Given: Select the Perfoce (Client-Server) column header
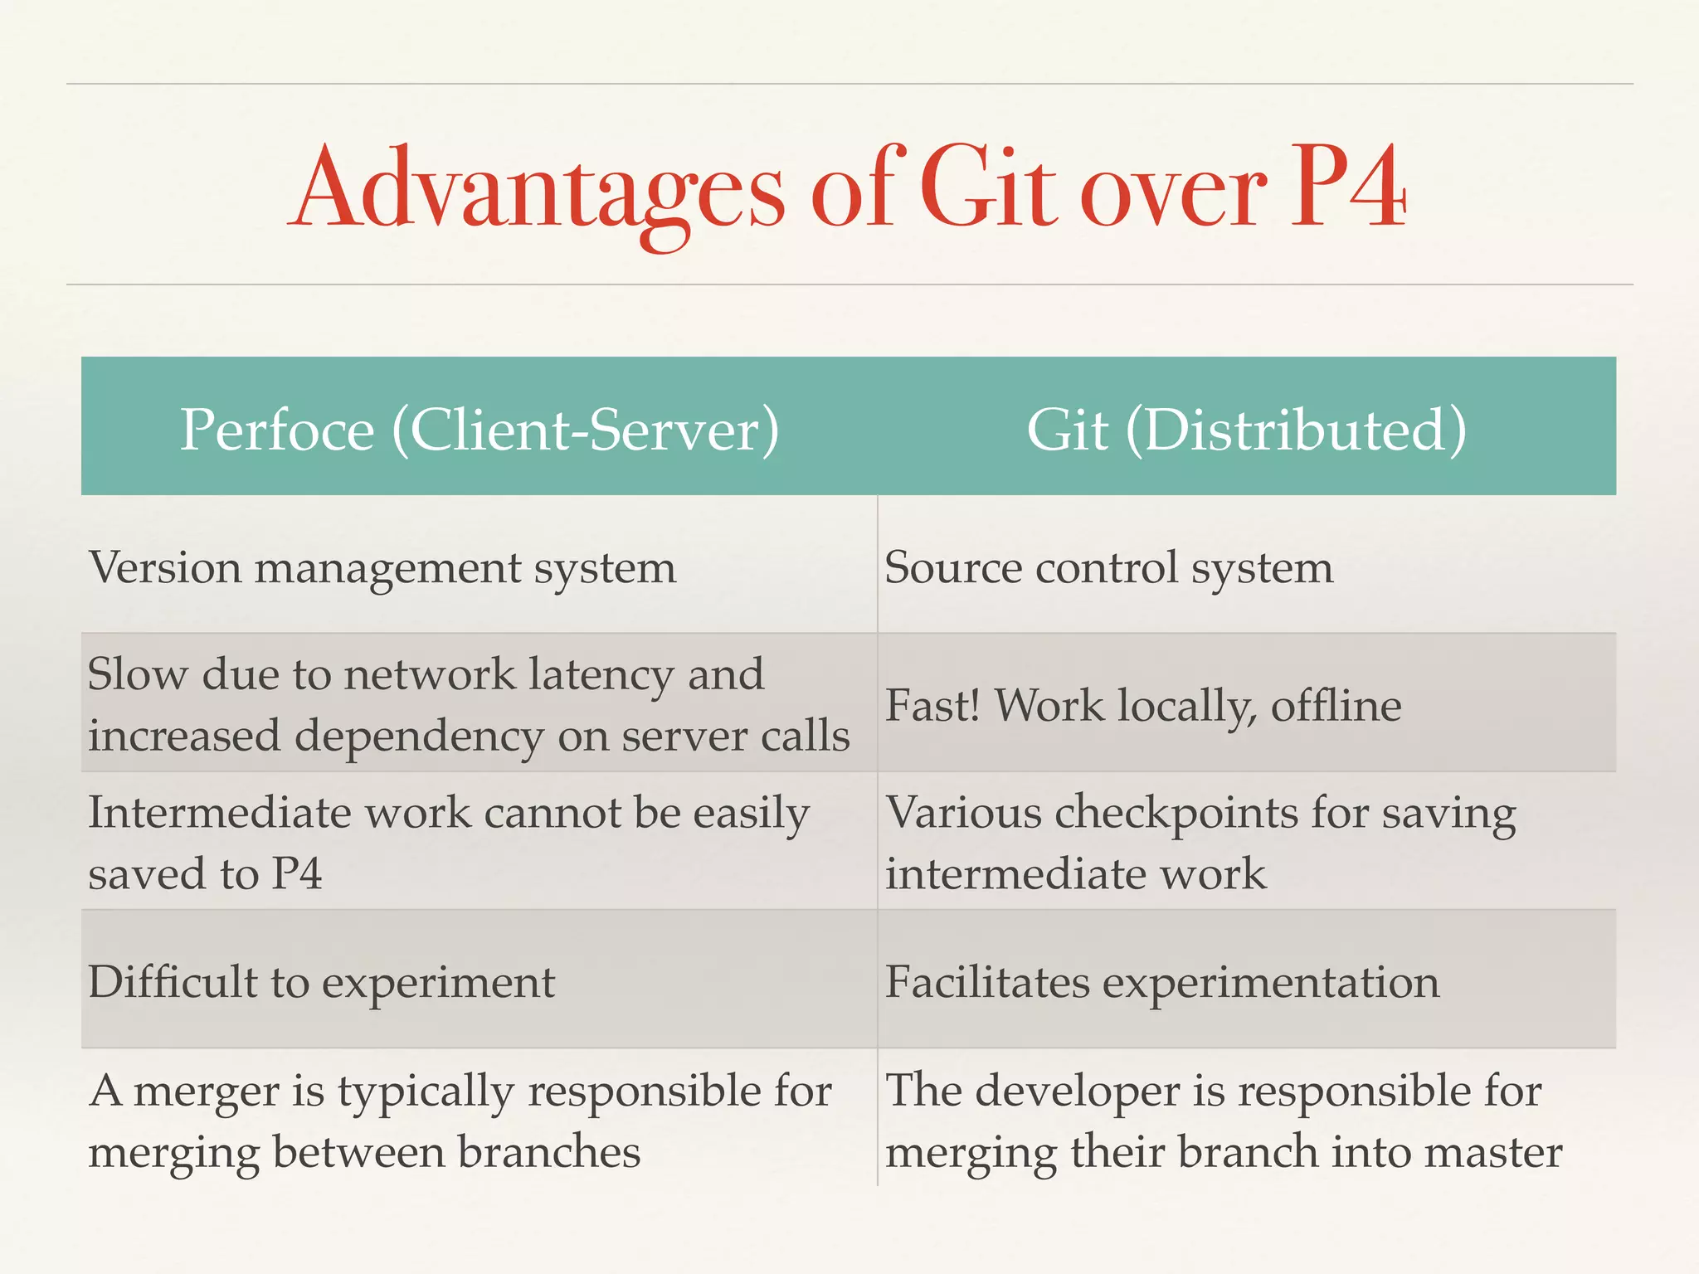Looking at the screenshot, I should [480, 430].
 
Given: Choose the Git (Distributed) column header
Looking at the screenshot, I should [1246, 430].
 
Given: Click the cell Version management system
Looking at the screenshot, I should [382, 569].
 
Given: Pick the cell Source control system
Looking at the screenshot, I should [1108, 569].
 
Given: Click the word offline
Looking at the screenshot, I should [1336, 706].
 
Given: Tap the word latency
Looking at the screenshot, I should [601, 675].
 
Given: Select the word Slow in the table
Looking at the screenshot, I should [137, 673].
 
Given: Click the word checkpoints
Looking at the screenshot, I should [1176, 813].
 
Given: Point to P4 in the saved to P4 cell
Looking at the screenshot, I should [296, 874].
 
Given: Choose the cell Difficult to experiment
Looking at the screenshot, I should [321, 983].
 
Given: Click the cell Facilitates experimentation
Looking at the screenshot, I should [1161, 983].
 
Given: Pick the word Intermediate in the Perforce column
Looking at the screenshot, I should [220, 813].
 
